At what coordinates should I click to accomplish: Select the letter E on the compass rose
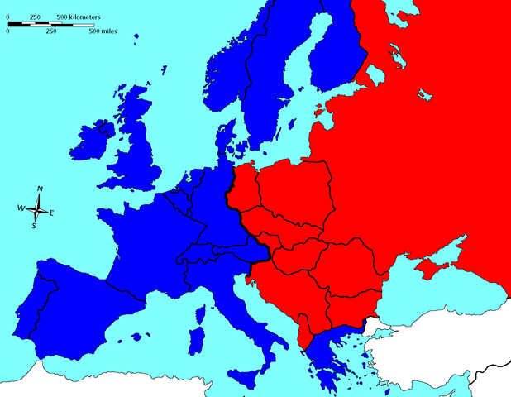tap(52, 213)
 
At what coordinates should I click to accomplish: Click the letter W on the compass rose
tap(21, 208)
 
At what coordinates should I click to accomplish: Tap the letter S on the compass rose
tap(34, 225)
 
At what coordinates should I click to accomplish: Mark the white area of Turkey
tap(447, 347)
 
